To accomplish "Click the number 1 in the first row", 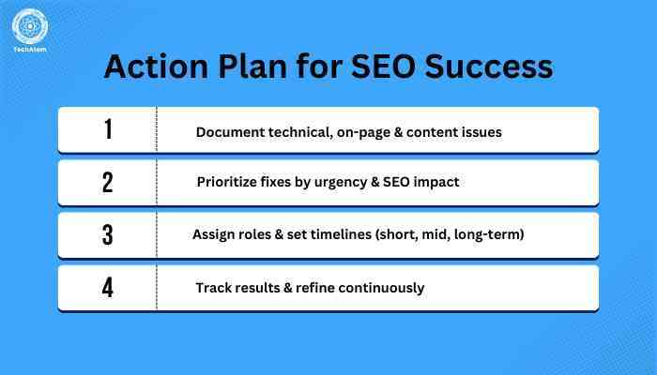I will click(108, 130).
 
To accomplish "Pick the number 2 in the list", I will click(108, 183).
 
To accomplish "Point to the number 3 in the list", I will click(108, 235).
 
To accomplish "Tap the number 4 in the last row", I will click(108, 288).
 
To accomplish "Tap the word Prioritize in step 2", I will click(229, 182).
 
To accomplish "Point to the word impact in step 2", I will click(436, 183).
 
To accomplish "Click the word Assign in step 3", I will click(215, 234).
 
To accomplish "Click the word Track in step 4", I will click(214, 287).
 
